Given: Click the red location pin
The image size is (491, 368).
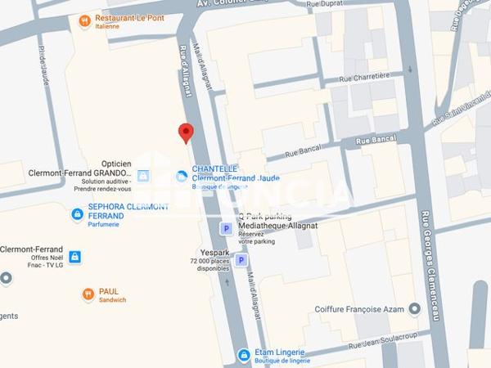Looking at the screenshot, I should pyautogui.click(x=186, y=132).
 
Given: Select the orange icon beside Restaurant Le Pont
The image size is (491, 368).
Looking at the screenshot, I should pyautogui.click(x=84, y=20).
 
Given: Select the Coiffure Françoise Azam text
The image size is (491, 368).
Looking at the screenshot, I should pyautogui.click(x=361, y=309).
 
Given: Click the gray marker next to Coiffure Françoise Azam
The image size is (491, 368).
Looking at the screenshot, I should pyautogui.click(x=414, y=309).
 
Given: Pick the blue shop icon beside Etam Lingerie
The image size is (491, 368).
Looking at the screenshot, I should pyautogui.click(x=243, y=355).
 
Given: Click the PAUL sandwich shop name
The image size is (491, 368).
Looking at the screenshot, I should pyautogui.click(x=109, y=291).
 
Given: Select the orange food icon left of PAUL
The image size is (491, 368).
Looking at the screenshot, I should pyautogui.click(x=88, y=294).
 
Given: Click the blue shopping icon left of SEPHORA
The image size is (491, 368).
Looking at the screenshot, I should pyautogui.click(x=77, y=214).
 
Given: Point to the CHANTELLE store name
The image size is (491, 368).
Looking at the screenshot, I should pyautogui.click(x=214, y=168).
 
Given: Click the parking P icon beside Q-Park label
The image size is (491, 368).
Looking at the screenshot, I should pyautogui.click(x=226, y=229).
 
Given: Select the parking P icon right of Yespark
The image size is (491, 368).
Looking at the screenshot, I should pyautogui.click(x=241, y=260).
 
